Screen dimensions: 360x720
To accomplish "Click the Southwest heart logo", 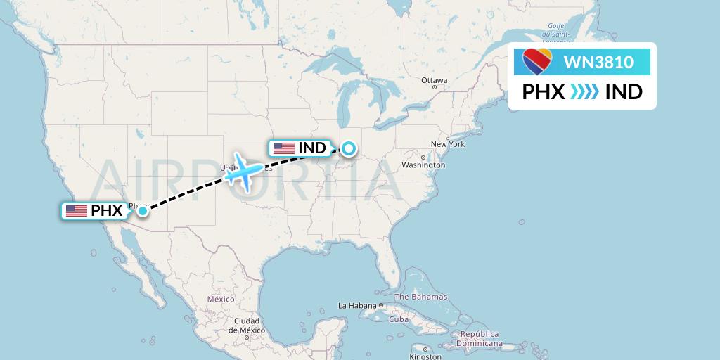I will (x=538, y=62).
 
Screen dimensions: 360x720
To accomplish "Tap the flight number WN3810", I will (x=598, y=63).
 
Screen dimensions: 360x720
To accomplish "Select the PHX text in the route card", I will (x=544, y=92).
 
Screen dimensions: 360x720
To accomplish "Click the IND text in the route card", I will (x=624, y=92).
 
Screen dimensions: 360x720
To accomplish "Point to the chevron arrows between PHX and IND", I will (x=584, y=92).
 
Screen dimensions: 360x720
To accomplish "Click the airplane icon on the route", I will (x=244, y=169).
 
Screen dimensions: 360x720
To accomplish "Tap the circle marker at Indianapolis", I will (x=348, y=148).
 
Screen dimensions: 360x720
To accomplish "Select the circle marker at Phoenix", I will (x=143, y=210).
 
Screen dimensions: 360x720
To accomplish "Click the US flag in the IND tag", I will (x=284, y=148).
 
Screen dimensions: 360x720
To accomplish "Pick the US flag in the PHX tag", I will (x=76, y=210).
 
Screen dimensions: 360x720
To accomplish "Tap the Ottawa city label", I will (x=434, y=80).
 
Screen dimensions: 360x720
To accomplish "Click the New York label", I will (x=448, y=144).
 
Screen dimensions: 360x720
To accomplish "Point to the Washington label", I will (x=424, y=165).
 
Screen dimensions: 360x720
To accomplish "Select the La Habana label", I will (x=356, y=306).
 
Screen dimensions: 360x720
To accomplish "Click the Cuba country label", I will (x=399, y=319).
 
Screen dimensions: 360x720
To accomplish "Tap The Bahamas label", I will (x=420, y=297).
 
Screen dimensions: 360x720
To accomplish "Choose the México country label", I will (x=220, y=300).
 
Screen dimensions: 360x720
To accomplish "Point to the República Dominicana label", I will (x=481, y=339).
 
